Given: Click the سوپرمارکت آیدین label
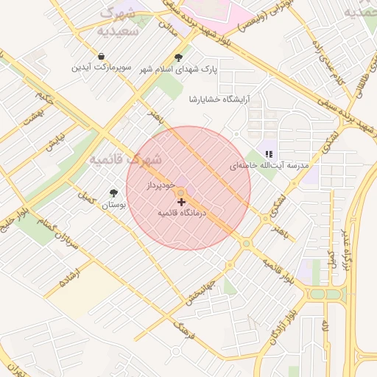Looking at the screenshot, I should point(101,68).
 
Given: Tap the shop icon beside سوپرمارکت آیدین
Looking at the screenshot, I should point(101,57).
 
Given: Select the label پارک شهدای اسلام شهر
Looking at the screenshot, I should point(179,69).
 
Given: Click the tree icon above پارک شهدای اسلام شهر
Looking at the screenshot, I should point(179,57).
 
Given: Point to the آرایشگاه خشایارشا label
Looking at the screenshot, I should point(219,99).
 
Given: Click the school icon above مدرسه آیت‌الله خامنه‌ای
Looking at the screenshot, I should point(269,154).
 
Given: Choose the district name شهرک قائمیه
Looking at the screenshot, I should point(124,158).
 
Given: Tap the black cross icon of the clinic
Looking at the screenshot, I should point(181,201).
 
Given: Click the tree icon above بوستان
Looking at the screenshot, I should point(113,192).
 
